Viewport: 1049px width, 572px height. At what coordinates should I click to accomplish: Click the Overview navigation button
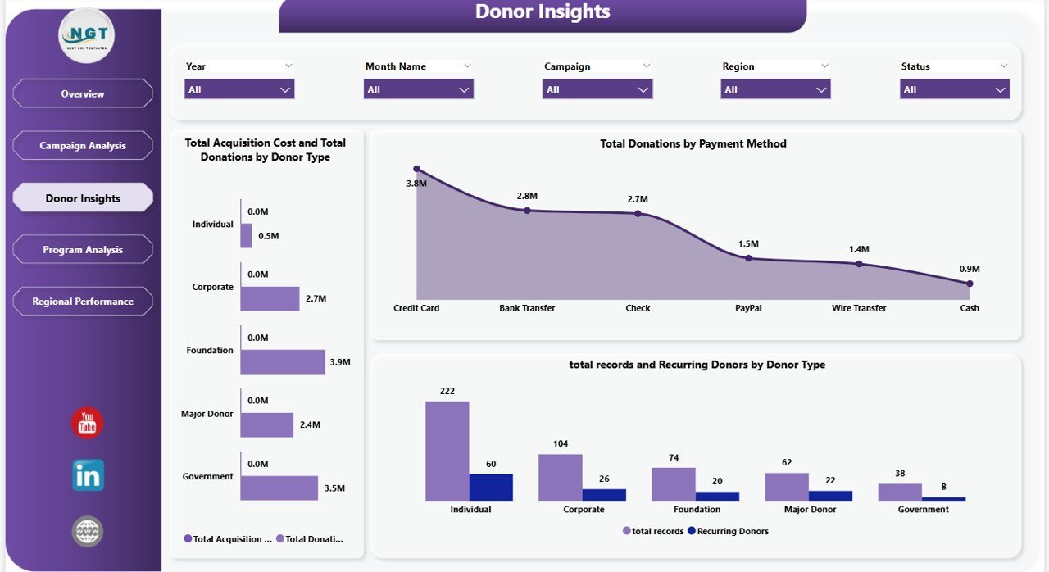point(83,93)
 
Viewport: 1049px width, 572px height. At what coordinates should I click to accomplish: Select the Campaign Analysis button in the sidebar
point(83,146)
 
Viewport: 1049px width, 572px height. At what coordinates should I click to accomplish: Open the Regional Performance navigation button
point(83,302)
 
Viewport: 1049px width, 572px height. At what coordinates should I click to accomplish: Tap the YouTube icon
point(88,423)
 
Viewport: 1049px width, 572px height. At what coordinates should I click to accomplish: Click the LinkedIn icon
point(88,475)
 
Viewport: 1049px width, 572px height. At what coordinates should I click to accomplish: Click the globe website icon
point(88,531)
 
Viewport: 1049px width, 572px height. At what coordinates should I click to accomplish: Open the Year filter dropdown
point(239,89)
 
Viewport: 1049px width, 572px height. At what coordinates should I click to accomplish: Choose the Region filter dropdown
point(775,89)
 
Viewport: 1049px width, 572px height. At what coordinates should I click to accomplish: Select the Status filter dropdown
point(954,89)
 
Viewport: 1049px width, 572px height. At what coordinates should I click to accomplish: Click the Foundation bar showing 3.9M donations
point(282,362)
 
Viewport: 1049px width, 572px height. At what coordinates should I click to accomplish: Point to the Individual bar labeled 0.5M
point(246,236)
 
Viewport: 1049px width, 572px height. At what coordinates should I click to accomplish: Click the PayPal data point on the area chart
point(748,258)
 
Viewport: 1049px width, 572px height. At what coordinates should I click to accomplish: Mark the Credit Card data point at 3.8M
point(416,169)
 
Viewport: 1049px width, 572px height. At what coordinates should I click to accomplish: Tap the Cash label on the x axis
point(970,308)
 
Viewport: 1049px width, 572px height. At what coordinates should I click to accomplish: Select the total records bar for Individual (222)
point(447,451)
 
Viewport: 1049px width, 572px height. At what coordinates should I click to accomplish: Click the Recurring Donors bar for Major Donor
point(830,495)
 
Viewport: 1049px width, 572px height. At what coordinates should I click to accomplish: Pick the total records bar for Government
point(899,492)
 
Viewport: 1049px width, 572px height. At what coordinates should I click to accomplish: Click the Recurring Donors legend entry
point(728,531)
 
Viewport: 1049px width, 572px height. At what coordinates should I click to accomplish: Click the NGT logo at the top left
point(87,36)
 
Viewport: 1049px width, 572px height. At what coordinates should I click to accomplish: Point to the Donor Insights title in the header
point(543,12)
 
